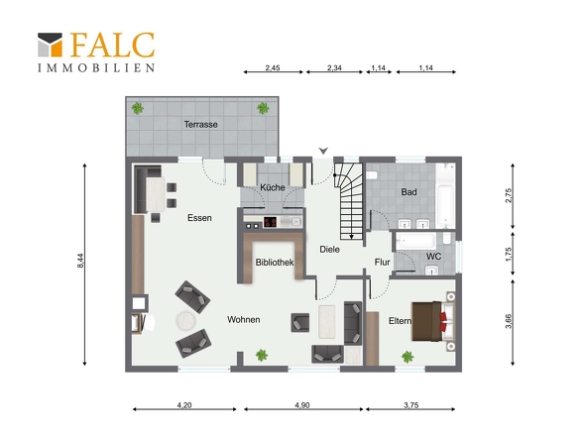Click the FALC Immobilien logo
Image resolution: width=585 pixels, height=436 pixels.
pos(96,52)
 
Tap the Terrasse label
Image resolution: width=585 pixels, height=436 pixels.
pos(200,124)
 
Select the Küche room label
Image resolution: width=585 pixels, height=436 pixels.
pos(273,187)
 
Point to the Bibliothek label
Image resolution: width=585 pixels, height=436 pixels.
pos(275,263)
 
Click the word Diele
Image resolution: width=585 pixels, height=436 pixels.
pos(329,249)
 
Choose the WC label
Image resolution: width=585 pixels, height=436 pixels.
pos(433,257)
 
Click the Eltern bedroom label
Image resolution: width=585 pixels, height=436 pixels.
pos(400,321)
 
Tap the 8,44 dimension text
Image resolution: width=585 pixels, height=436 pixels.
pos(81,261)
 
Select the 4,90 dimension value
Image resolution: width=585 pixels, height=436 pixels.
pos(302,405)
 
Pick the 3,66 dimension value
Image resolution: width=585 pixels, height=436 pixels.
pos(509,321)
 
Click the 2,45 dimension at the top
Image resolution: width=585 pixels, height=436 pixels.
pos(273,68)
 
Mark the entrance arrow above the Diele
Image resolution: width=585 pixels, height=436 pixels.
pos(323,151)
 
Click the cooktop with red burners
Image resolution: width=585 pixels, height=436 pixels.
pos(270,222)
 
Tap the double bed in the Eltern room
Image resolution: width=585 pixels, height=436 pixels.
pos(433,321)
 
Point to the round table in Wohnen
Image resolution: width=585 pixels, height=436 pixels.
pos(185,320)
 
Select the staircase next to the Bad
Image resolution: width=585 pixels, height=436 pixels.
pos(349,201)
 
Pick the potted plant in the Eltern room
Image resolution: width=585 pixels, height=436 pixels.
pos(408,357)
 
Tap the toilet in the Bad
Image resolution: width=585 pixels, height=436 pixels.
pos(372,175)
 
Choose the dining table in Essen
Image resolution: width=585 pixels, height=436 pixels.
pos(156,194)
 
